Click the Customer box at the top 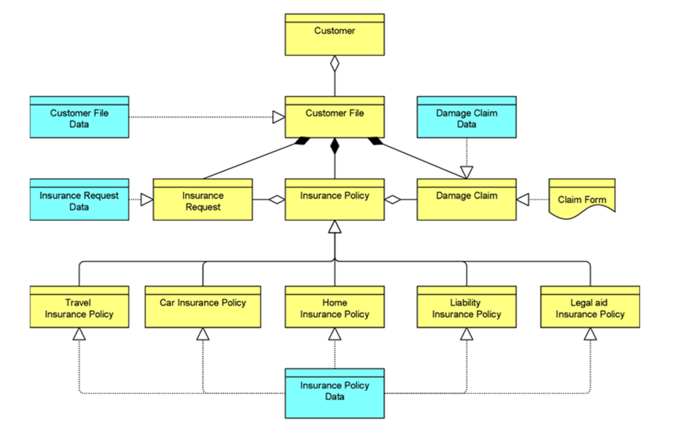click(334, 35)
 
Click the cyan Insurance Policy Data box click(334, 393)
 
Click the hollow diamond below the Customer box click(334, 63)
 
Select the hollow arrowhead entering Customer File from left click(278, 117)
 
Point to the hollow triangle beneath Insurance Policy click(334, 227)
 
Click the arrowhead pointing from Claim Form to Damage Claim click(523, 199)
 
